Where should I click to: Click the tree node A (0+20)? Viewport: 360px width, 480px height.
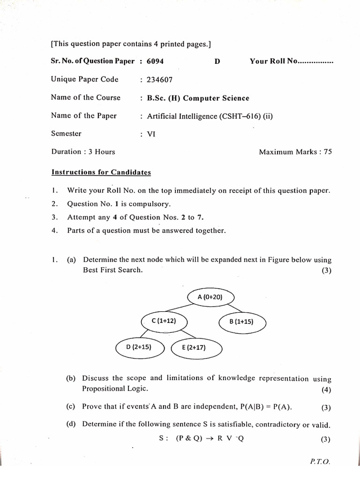pos(210,297)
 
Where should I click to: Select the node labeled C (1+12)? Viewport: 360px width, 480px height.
pos(165,321)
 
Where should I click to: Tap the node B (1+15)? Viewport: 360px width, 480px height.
pos(242,322)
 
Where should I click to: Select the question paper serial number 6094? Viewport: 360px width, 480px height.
pos(155,61)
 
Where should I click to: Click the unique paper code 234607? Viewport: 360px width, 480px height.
pos(159,80)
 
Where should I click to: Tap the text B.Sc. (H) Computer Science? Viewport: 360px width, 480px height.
pos(198,98)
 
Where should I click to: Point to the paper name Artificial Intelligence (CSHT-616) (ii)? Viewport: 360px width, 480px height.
pos(210,116)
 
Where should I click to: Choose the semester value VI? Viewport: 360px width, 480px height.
pos(151,134)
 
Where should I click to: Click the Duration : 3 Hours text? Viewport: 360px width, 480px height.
pos(83,152)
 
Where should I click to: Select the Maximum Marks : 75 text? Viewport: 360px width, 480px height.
pos(295,152)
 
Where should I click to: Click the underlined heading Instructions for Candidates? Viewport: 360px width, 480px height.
pos(101,172)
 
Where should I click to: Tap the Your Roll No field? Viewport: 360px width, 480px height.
pos(291,61)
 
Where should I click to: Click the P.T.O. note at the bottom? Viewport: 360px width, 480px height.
pos(320,462)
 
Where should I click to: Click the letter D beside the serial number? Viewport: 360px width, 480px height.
pos(217,61)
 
